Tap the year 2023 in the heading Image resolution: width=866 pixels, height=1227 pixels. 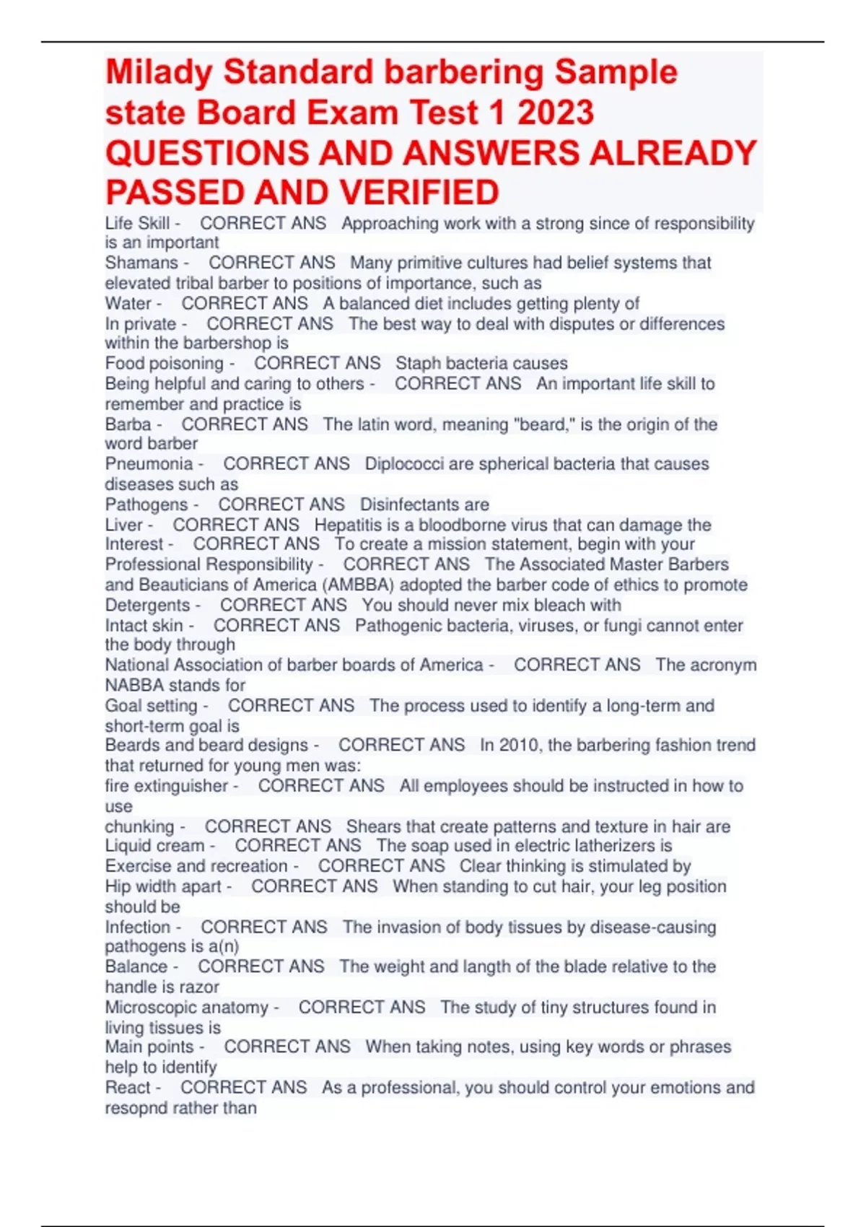pyautogui.click(x=555, y=113)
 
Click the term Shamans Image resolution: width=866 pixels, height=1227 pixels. pyautogui.click(x=141, y=263)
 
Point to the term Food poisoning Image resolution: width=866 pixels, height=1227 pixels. pyautogui.click(x=165, y=364)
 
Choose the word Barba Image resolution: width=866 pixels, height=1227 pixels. pyautogui.click(x=128, y=424)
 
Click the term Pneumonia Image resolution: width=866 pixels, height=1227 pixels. pyautogui.click(x=149, y=464)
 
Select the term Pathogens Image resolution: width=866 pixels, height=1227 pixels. pyautogui.click(x=146, y=505)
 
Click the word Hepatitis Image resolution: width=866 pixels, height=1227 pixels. pyautogui.click(x=349, y=525)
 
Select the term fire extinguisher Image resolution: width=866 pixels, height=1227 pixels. pyautogui.click(x=167, y=786)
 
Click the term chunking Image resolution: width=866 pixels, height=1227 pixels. pyautogui.click(x=139, y=826)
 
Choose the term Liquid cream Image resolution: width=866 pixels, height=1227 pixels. pyautogui.click(x=154, y=846)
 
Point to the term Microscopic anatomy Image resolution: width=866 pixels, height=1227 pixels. pyautogui.click(x=186, y=1008)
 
